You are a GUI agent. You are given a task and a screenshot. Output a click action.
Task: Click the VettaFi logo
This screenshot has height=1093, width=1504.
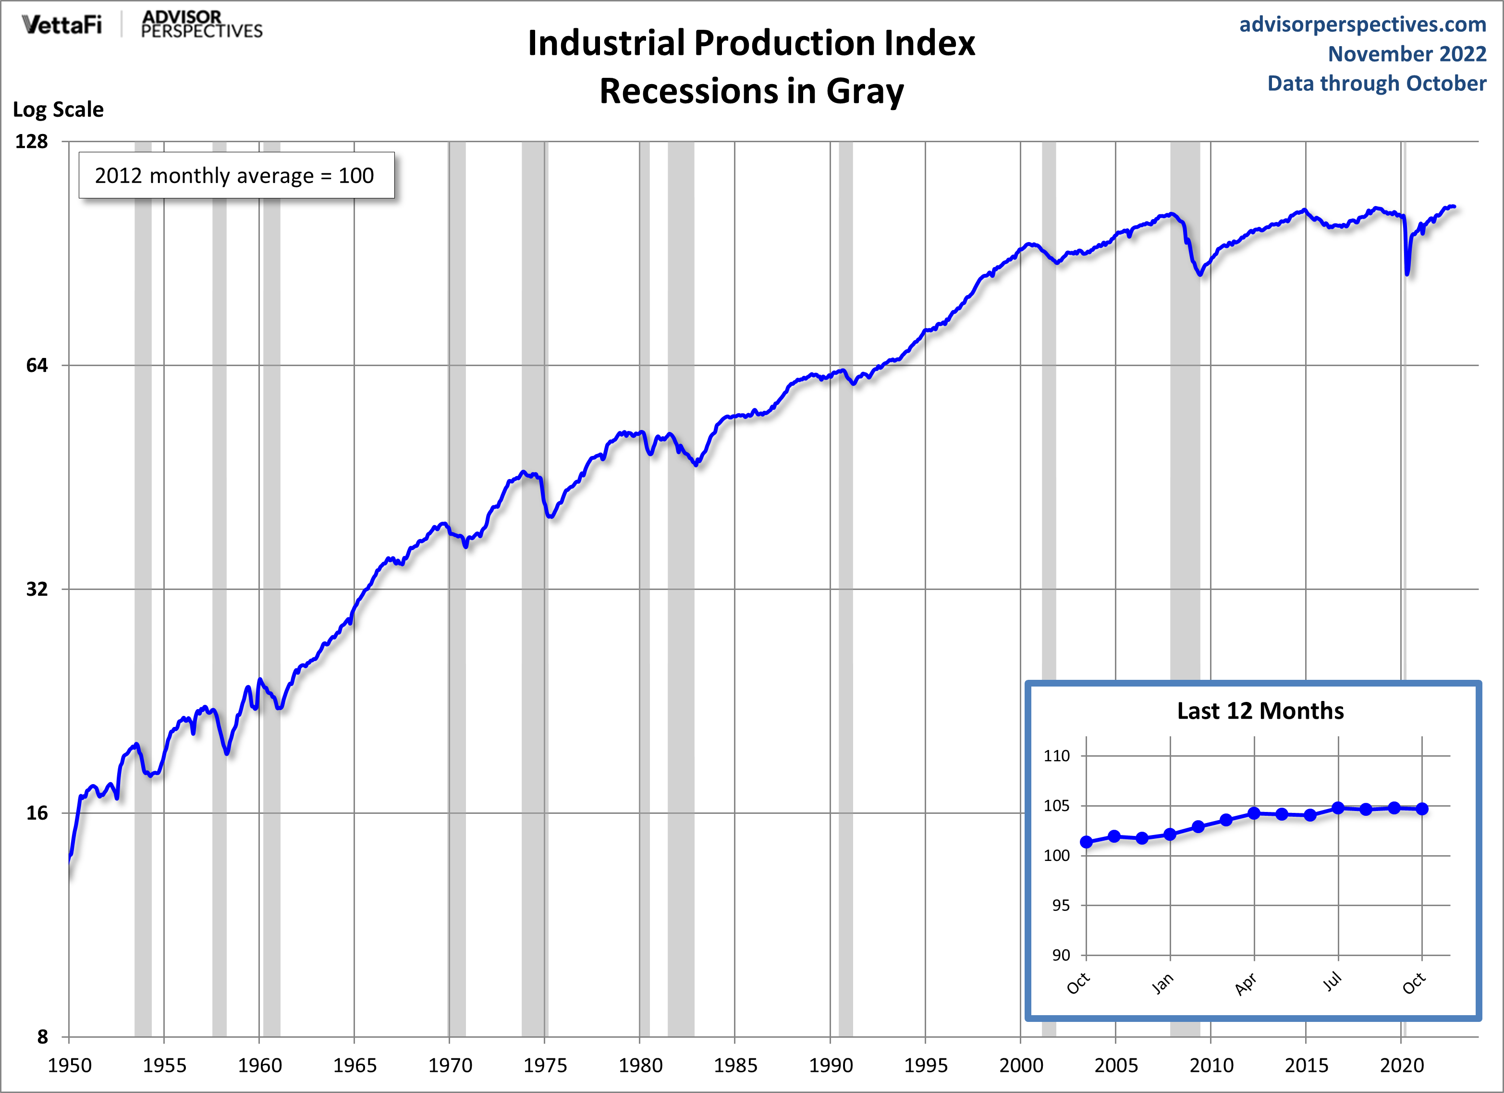click(x=61, y=25)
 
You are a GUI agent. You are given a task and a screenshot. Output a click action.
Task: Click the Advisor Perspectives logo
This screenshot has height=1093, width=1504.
click(x=202, y=25)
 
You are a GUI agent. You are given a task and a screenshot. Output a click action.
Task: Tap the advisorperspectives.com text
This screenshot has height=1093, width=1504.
click(x=1363, y=24)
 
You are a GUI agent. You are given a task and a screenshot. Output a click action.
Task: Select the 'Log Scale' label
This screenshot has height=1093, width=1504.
click(x=58, y=110)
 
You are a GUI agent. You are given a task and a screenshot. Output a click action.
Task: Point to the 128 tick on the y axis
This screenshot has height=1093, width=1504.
click(x=32, y=141)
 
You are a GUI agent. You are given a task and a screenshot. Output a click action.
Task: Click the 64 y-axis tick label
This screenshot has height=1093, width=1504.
click(x=37, y=366)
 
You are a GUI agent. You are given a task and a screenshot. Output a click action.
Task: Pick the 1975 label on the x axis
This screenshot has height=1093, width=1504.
click(x=545, y=1066)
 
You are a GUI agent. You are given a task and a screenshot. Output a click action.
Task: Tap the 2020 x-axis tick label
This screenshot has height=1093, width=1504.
click(x=1401, y=1066)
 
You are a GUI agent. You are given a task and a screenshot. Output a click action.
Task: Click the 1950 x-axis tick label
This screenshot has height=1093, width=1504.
click(x=70, y=1066)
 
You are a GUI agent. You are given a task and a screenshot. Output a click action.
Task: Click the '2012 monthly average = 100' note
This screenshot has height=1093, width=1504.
click(x=235, y=176)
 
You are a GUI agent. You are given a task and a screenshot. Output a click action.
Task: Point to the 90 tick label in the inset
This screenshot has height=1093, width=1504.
click(x=1061, y=956)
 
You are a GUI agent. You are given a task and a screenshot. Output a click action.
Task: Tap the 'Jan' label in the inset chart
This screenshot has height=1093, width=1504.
click(x=1162, y=983)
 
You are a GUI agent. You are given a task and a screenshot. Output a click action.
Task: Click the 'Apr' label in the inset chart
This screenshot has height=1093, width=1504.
click(x=1246, y=983)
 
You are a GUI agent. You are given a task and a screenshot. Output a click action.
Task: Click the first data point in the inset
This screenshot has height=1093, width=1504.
click(x=1086, y=842)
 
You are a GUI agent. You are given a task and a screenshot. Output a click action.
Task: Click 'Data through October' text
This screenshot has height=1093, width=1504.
click(x=1377, y=84)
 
